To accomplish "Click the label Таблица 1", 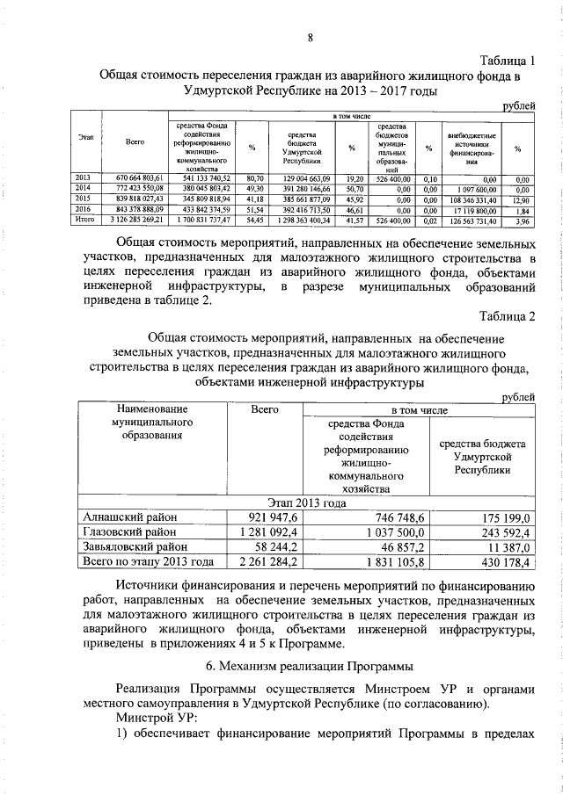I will tap(509, 59).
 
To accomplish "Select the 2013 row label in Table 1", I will tap(83, 177).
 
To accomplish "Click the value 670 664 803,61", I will tap(135, 177).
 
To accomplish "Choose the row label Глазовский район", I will tap(128, 531).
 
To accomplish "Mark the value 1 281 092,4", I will tap(264, 531).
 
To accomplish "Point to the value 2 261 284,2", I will tap(264, 561).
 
